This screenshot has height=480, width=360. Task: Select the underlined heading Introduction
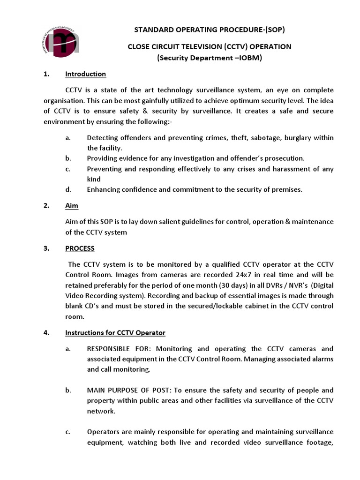click(x=85, y=74)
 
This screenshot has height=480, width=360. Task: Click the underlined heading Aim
click(x=72, y=205)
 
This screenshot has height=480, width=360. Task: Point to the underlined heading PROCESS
click(x=80, y=248)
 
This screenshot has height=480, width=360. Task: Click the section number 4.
click(x=46, y=333)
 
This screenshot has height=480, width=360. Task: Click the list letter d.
click(x=68, y=189)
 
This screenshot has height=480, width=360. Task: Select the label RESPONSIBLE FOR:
click(x=120, y=349)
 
